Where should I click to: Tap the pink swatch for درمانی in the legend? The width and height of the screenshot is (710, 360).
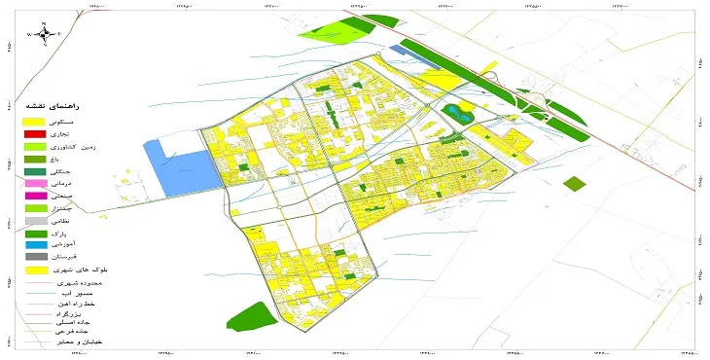(36, 183)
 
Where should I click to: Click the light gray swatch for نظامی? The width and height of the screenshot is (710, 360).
(36, 221)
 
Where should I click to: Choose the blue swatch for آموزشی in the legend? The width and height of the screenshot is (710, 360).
(36, 245)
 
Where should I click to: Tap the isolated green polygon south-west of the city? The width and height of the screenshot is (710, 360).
(253, 317)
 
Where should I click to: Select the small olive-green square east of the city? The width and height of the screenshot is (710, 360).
(576, 183)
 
